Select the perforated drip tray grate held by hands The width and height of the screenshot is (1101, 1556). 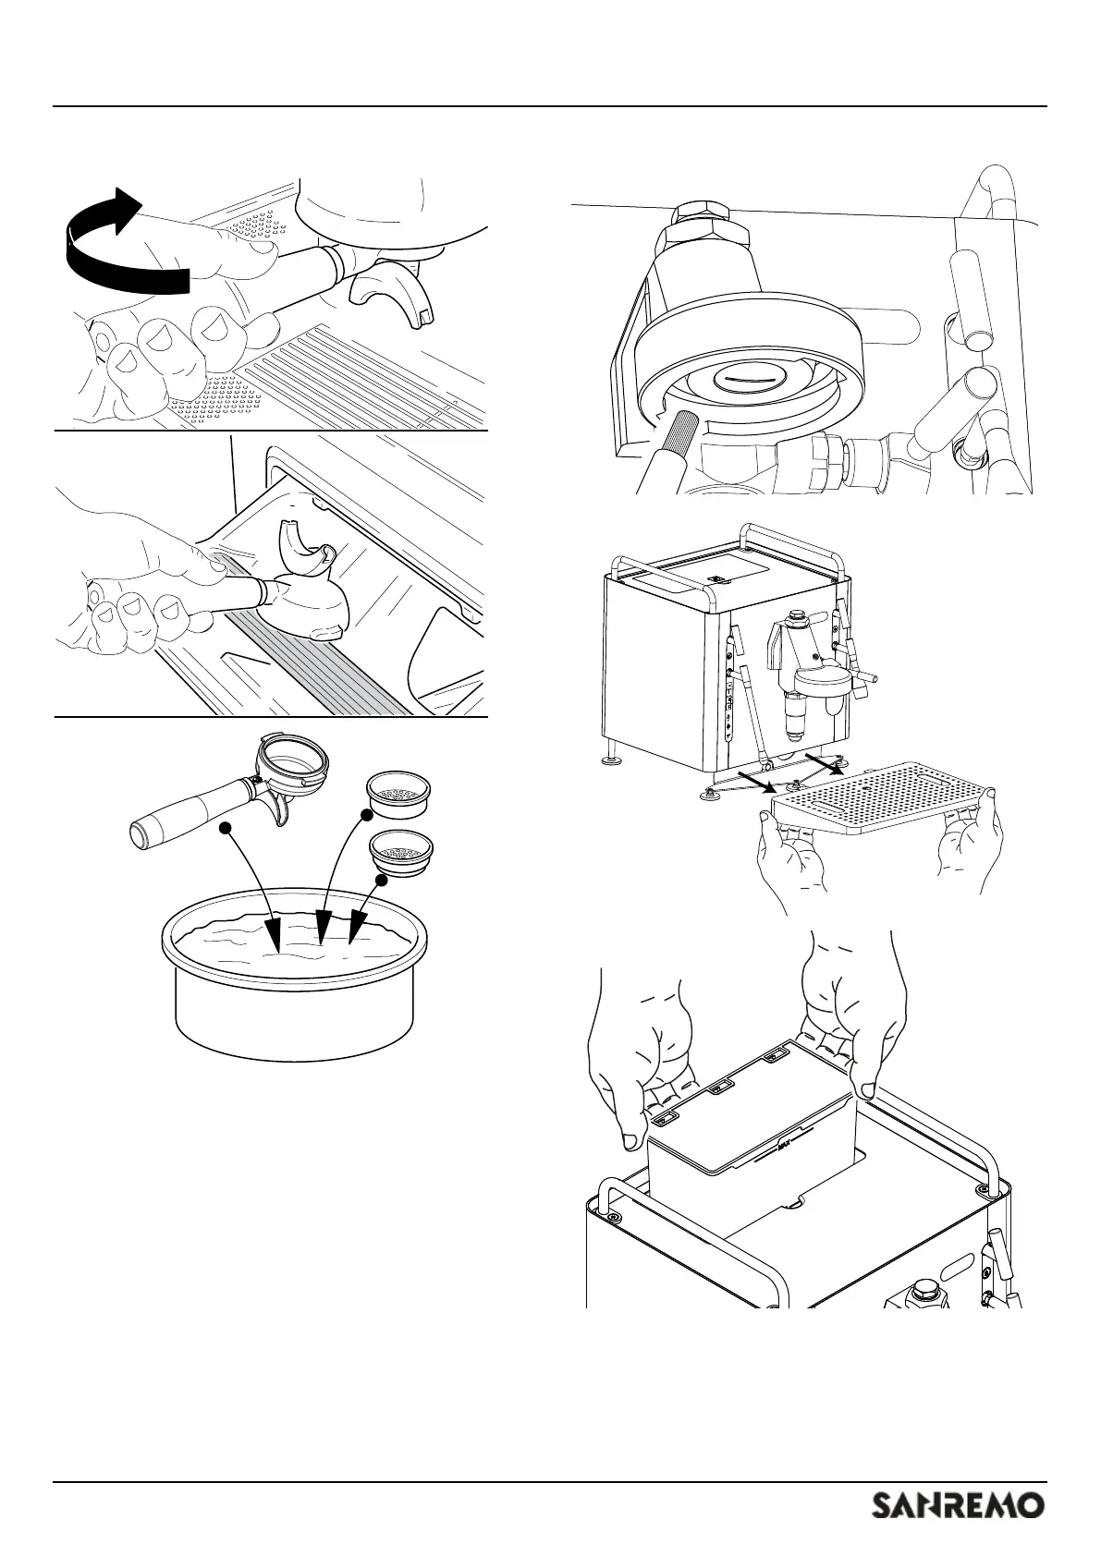pos(884,798)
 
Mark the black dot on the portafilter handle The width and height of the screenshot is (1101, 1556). pos(223,827)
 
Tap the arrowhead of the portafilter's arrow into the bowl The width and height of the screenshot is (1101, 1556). pos(276,935)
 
